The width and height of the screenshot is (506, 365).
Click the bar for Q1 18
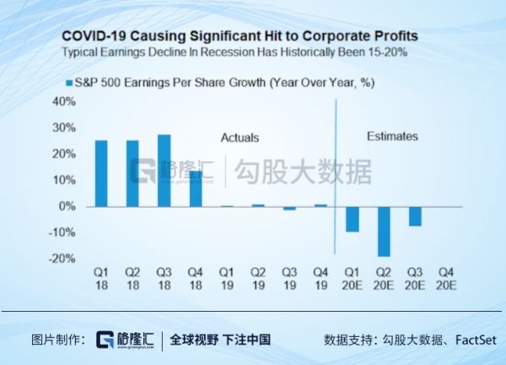click(x=100, y=173)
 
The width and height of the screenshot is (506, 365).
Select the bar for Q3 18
click(x=164, y=171)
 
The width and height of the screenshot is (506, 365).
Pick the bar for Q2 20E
click(x=384, y=231)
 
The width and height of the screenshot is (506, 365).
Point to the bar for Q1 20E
click(x=353, y=219)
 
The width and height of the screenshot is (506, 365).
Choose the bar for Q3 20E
click(x=415, y=215)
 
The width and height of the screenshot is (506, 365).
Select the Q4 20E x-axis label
click(x=447, y=279)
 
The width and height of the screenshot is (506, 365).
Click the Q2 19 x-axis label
click(x=258, y=279)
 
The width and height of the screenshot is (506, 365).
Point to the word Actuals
click(x=240, y=138)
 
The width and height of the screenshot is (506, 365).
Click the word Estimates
click(x=391, y=136)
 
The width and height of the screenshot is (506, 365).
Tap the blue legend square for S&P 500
click(x=69, y=83)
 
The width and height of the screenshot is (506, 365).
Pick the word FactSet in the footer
click(x=476, y=340)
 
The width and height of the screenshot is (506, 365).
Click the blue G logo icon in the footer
click(x=105, y=340)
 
